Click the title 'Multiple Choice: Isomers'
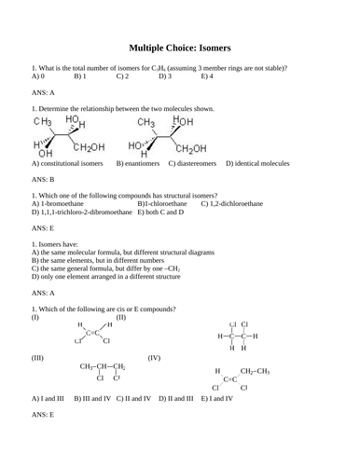coord(179,47)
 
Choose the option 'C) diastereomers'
coord(198,163)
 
